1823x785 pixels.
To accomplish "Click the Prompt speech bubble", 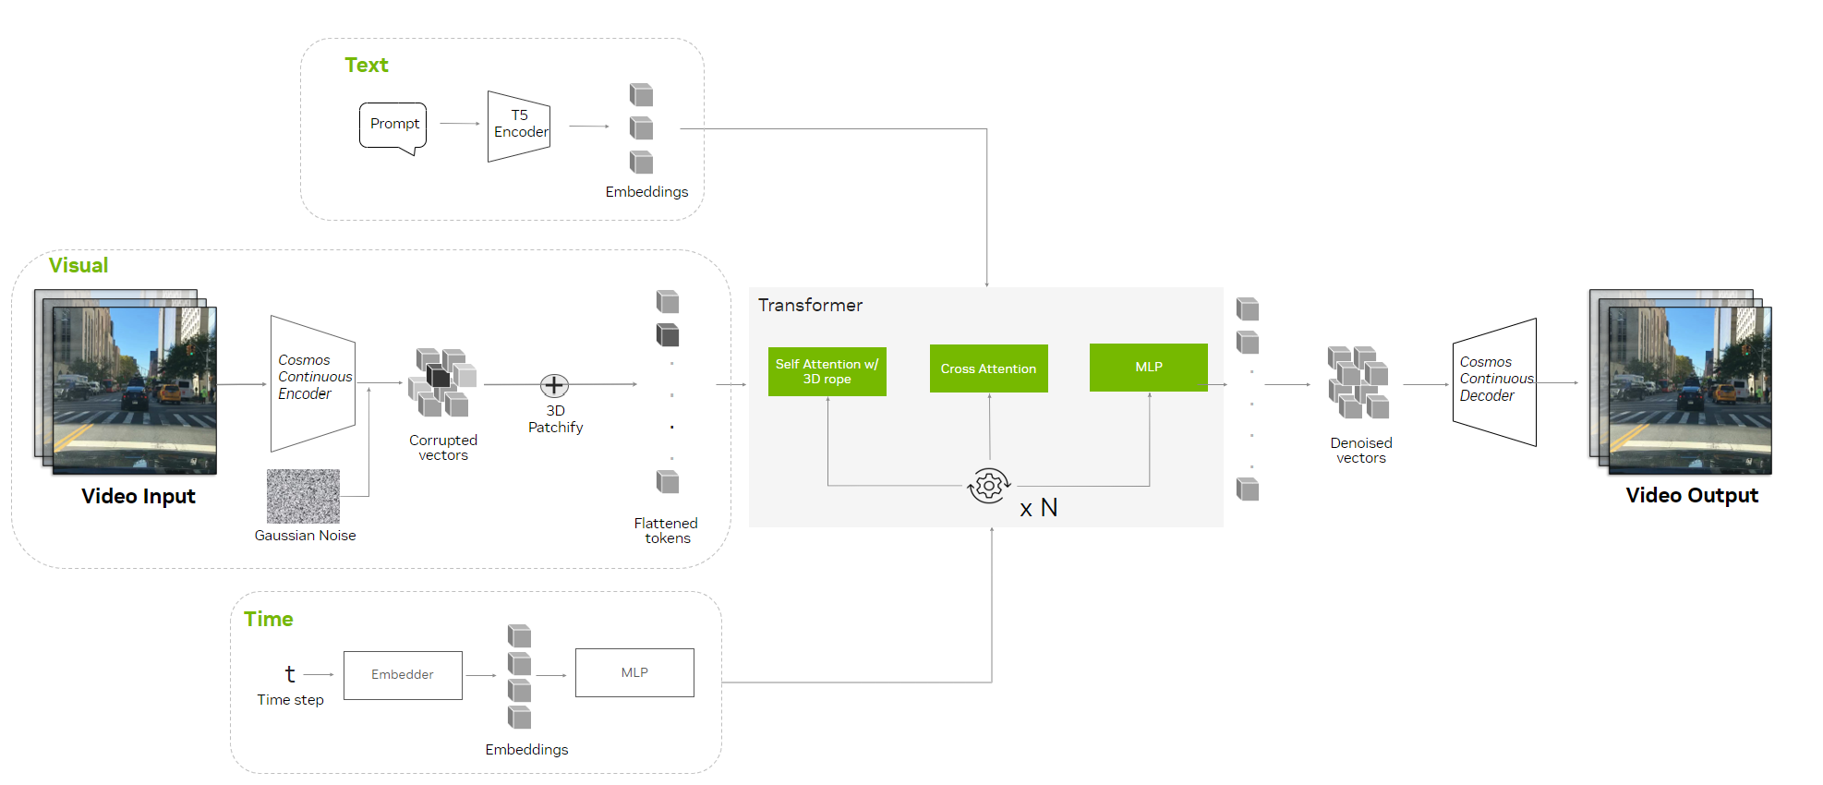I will pos(393,125).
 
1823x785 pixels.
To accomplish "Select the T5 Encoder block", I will pos(519,126).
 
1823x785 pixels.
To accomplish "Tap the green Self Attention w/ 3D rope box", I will pos(827,371).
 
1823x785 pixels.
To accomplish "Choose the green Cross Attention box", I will pos(988,368).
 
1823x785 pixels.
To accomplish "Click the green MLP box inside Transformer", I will pos(1148,367).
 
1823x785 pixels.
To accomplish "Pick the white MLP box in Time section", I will pos(634,672).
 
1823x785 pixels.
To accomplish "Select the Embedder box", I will pos(403,675).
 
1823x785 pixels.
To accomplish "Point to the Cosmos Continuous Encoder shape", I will pos(313,382).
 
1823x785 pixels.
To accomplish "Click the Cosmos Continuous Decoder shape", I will pos(1494,382).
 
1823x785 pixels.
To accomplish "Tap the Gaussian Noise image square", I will pos(303,496).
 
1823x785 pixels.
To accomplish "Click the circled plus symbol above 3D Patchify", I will pos(554,385).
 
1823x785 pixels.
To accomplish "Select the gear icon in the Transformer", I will pos(988,485).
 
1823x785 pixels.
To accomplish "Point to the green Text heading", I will pos(367,65).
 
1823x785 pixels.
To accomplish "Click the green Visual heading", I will pos(78,265).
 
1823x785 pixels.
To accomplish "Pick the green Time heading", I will pos(269,619).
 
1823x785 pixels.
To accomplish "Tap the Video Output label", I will pos(1692,495).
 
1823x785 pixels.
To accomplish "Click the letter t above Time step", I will pos(290,674).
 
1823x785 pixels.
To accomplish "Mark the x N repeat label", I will pos(1039,508).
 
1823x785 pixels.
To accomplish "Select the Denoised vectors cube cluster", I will pos(1358,382).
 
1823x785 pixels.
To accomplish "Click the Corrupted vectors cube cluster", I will pos(442,381).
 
